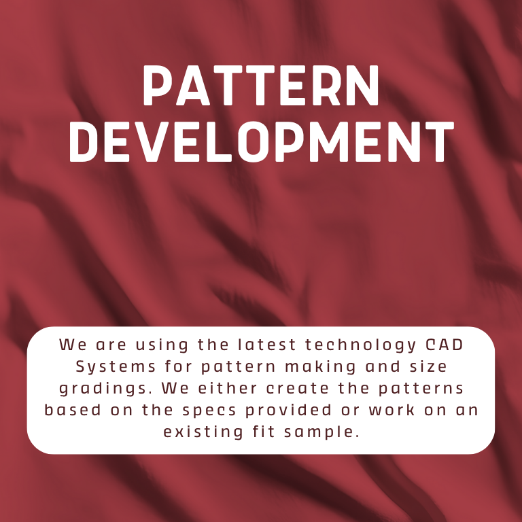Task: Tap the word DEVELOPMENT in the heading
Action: pos(261,143)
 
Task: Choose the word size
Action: pos(427,366)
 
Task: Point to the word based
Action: pos(71,411)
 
